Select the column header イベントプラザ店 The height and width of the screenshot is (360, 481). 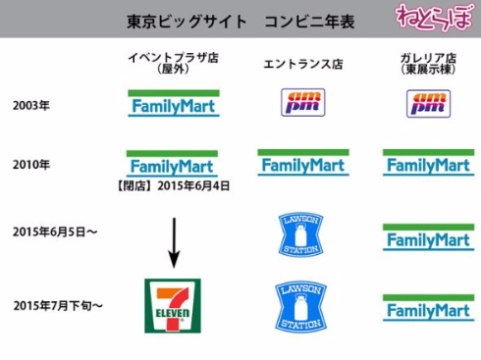[173, 59]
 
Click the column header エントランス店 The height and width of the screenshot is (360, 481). [301, 64]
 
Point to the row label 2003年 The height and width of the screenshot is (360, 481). [31, 104]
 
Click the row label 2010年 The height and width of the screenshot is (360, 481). [31, 164]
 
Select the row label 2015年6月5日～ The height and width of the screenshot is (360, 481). [55, 232]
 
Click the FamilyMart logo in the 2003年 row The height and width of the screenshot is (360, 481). [174, 103]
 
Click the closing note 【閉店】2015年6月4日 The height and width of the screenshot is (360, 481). [174, 184]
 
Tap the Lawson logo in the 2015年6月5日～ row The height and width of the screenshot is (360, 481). [301, 234]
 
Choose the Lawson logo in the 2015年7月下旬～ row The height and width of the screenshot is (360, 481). [301, 305]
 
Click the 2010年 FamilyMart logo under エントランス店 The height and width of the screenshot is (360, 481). [302, 163]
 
